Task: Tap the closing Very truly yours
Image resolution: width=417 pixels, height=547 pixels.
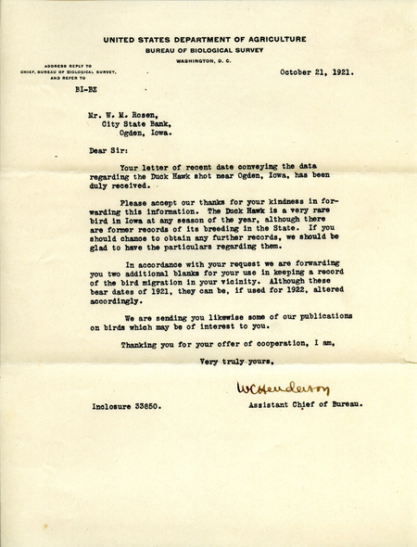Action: coord(244,360)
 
